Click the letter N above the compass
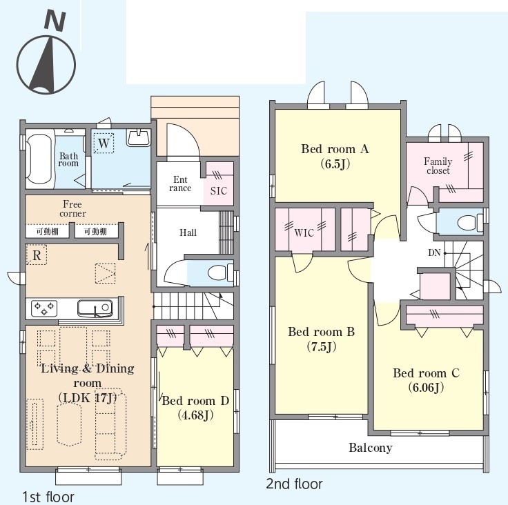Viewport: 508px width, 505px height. [55, 21]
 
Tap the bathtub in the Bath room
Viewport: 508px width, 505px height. [38, 159]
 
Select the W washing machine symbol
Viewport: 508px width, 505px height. [104, 143]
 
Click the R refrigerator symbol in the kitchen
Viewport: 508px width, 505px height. [37, 255]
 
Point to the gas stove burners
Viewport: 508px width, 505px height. [44, 308]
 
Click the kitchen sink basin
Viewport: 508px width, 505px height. [95, 308]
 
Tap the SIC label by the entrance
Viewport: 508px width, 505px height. [219, 191]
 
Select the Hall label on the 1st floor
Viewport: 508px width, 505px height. [188, 232]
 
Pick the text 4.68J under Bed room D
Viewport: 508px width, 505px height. [196, 415]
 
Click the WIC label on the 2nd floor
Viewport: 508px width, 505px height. [304, 233]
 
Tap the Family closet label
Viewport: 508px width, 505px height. [438, 166]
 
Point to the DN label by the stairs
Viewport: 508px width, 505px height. [434, 253]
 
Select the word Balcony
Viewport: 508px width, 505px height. [371, 448]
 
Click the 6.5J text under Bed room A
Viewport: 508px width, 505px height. [335, 164]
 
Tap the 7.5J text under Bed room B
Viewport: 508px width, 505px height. [321, 347]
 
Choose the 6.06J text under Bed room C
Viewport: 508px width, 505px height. [426, 388]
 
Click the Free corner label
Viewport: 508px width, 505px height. [72, 209]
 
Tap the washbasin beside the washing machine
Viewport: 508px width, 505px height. [139, 138]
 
